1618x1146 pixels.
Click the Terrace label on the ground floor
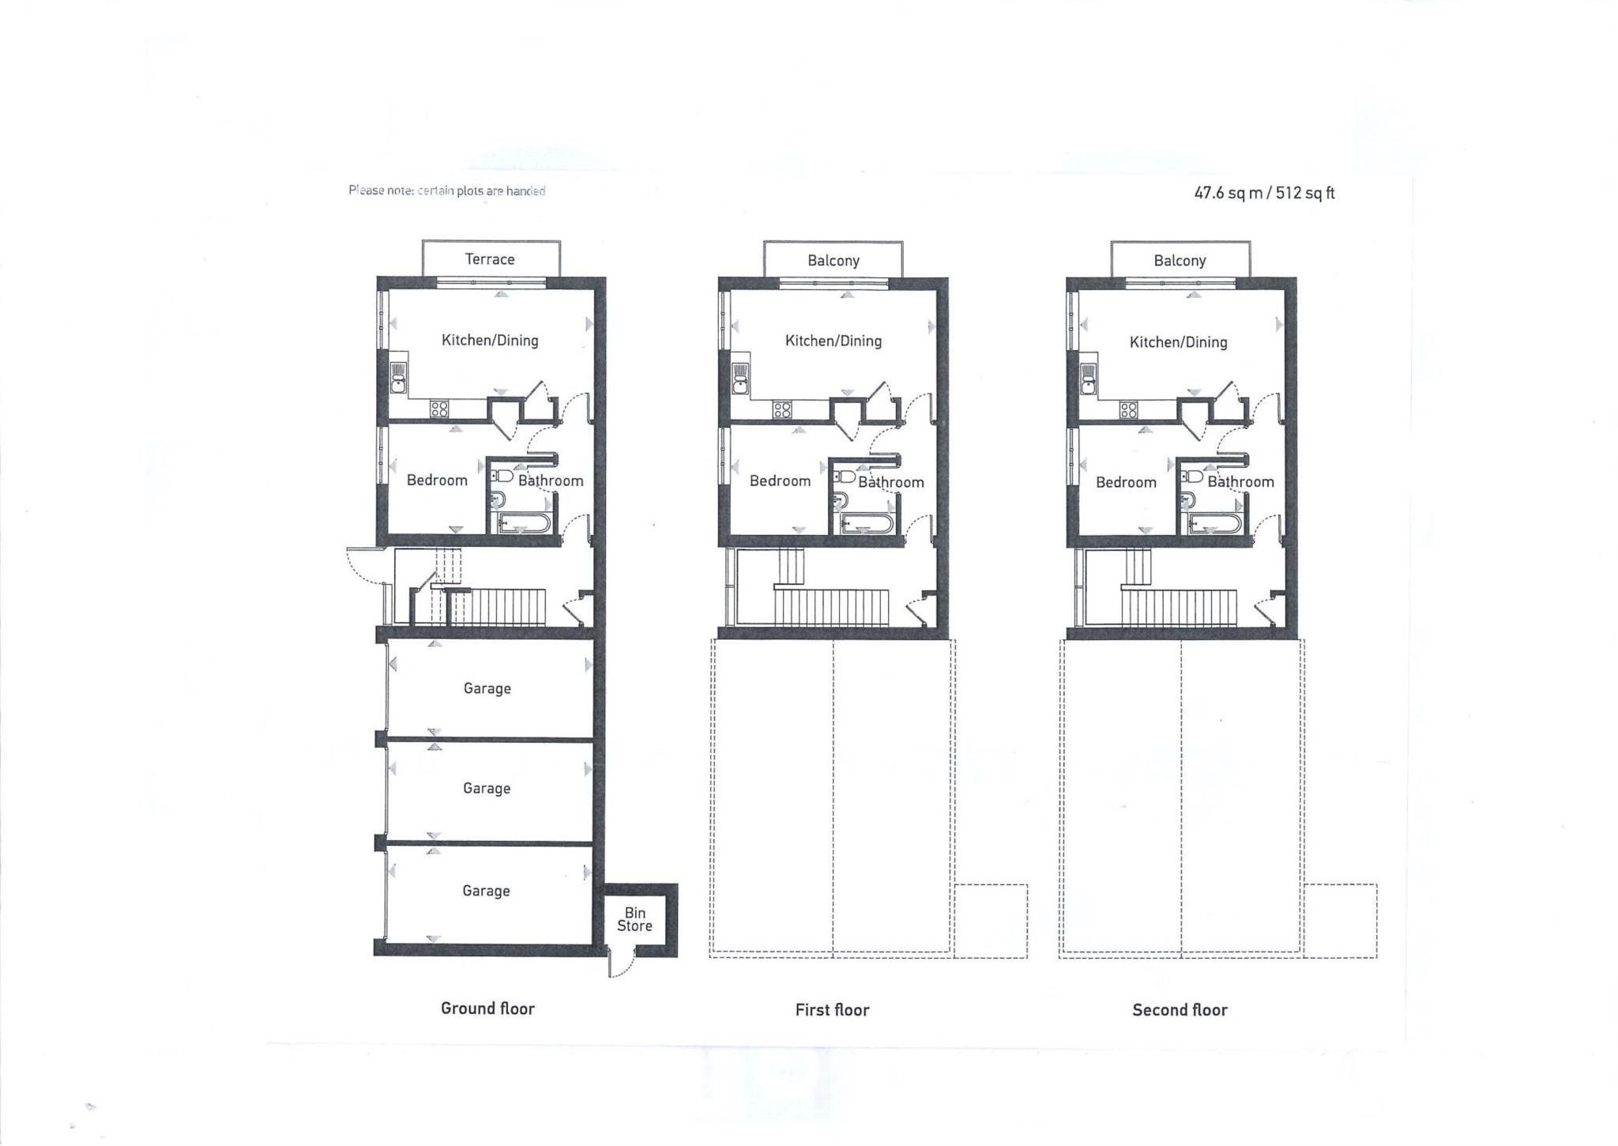pyautogui.click(x=490, y=259)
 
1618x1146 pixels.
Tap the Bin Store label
pyautogui.click(x=635, y=919)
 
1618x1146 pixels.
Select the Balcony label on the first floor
pyautogui.click(x=833, y=261)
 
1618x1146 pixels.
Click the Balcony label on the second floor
pyautogui.click(x=1180, y=261)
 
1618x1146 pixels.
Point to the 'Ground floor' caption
pyautogui.click(x=487, y=1008)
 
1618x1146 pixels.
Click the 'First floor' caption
pyautogui.click(x=832, y=1010)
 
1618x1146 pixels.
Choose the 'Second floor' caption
pyautogui.click(x=1180, y=1010)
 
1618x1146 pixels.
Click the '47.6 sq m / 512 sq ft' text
pyautogui.click(x=1264, y=193)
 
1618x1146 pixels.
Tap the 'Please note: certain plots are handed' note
pyautogui.click(x=447, y=190)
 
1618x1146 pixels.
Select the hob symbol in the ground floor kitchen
pyautogui.click(x=439, y=409)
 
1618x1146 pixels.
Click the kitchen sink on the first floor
pyautogui.click(x=741, y=379)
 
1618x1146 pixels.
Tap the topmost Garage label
pyautogui.click(x=487, y=688)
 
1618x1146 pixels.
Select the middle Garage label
pyautogui.click(x=487, y=788)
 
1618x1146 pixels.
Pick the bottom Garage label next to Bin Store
pyautogui.click(x=486, y=891)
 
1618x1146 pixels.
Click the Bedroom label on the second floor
pyautogui.click(x=1126, y=482)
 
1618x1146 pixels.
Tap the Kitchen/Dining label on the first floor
pyautogui.click(x=833, y=341)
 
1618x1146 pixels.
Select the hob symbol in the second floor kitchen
pyautogui.click(x=1128, y=409)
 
